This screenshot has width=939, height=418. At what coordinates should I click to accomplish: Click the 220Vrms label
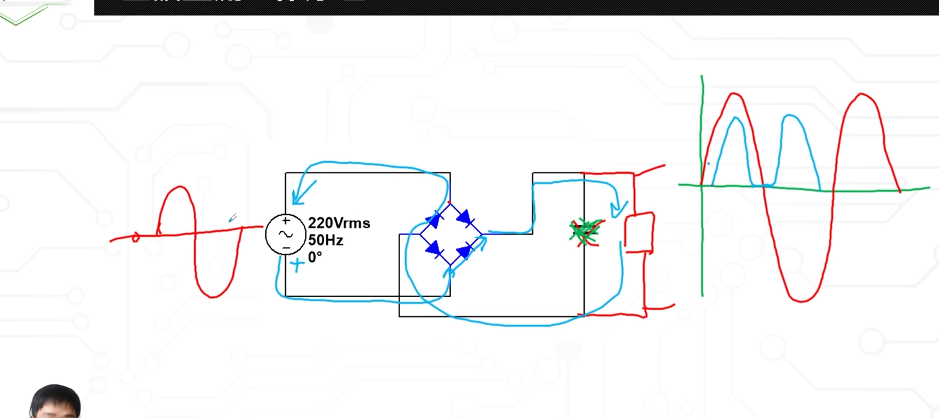[x=339, y=223]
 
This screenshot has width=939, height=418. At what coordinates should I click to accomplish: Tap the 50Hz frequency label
[x=325, y=240]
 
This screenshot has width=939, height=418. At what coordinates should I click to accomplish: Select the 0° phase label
[x=315, y=257]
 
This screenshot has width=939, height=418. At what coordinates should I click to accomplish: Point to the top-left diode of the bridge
[x=433, y=220]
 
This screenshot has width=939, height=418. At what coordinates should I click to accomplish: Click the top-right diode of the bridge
[x=466, y=218]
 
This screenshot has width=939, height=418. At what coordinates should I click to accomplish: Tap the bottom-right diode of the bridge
[x=466, y=249]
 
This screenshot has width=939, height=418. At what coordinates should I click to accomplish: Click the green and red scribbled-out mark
[x=585, y=232]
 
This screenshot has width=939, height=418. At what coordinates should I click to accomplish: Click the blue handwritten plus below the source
[x=297, y=264]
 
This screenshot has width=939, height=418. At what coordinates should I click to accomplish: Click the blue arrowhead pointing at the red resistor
[x=618, y=208]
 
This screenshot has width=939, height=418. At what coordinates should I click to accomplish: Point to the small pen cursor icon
[x=232, y=218]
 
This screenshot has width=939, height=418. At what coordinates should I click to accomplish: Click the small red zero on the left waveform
[x=135, y=238]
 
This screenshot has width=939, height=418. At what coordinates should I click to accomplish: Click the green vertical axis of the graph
[x=702, y=241]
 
